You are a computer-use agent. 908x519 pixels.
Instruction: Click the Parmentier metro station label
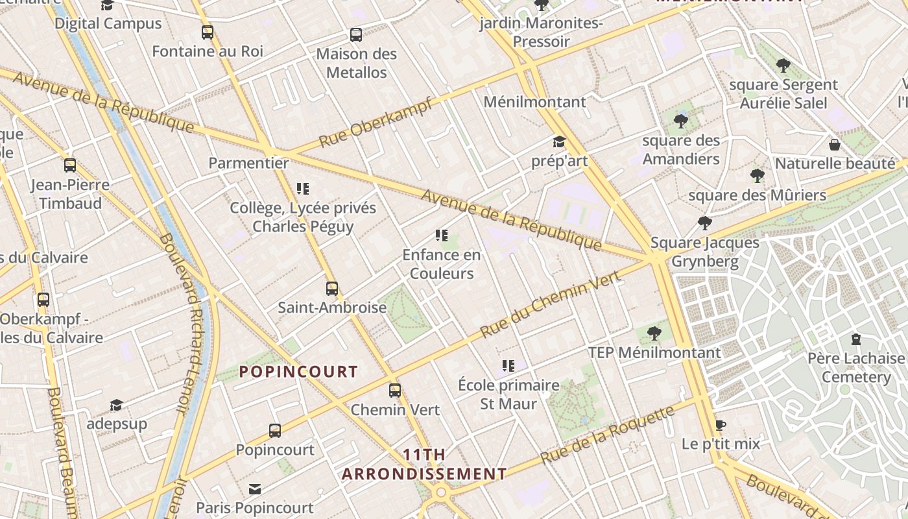(x=248, y=163)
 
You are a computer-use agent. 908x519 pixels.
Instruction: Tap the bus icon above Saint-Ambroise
(x=332, y=289)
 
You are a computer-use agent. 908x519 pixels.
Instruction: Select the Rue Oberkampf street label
(x=376, y=123)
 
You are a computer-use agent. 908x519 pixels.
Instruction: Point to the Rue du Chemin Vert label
(x=551, y=304)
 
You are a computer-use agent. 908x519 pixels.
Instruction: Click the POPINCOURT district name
(x=298, y=372)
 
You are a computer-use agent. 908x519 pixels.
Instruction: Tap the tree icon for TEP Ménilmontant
(x=654, y=333)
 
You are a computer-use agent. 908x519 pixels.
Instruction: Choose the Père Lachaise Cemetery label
(x=855, y=367)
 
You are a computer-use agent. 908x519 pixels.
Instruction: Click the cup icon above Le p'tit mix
(x=720, y=426)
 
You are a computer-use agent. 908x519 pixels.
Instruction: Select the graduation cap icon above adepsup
(x=116, y=405)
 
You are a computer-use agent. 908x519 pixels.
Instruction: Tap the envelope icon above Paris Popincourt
(x=255, y=489)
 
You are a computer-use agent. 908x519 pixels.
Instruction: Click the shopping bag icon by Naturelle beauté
(x=835, y=144)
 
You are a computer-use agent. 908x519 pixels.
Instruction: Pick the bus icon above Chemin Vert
(x=395, y=391)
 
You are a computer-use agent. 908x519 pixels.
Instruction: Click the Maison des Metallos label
(x=356, y=63)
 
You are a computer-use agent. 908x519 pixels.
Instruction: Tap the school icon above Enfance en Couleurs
(x=442, y=235)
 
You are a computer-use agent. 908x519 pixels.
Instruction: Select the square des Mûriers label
(x=757, y=195)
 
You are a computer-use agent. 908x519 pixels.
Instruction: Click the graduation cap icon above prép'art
(x=559, y=142)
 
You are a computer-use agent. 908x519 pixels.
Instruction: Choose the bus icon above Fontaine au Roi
(x=208, y=32)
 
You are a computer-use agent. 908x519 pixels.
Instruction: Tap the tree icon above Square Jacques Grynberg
(x=705, y=224)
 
